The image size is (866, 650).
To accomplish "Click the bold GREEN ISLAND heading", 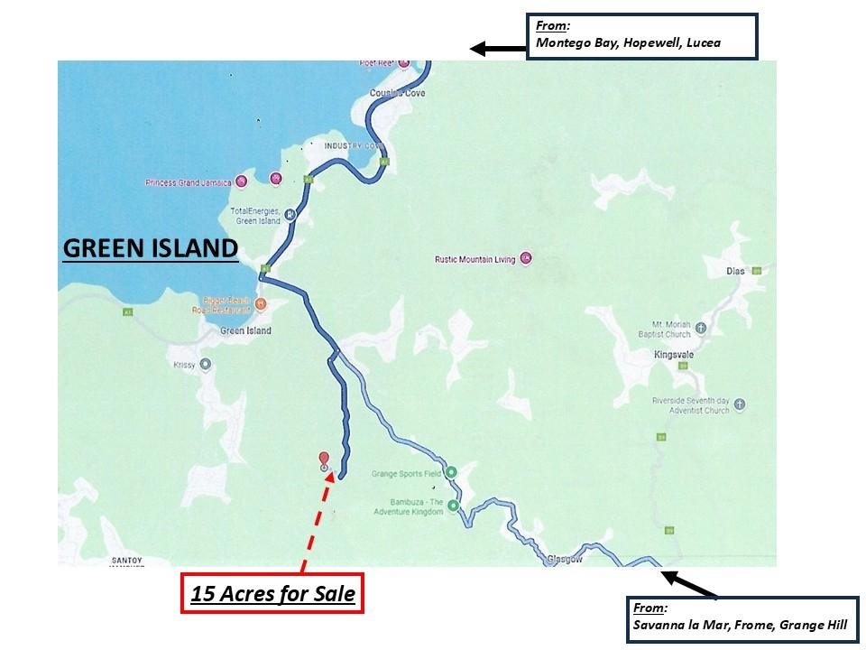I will click(150, 248).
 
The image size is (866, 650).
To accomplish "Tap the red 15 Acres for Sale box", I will click(272, 594).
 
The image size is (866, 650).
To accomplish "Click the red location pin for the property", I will click(324, 460).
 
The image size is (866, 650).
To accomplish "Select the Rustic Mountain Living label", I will click(474, 260).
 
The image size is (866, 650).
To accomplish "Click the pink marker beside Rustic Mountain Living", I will click(527, 259).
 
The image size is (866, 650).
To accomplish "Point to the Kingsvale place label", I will click(674, 355).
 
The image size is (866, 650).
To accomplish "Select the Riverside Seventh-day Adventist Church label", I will click(690, 405).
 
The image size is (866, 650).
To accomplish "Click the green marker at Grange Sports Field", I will click(452, 472).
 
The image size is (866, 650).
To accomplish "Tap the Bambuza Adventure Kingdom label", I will click(409, 506).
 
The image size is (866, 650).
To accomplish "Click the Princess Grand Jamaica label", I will click(188, 182).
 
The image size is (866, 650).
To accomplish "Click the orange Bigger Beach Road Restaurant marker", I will click(261, 303).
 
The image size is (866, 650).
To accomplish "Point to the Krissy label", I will click(183, 366).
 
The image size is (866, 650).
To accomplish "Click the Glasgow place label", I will click(565, 560).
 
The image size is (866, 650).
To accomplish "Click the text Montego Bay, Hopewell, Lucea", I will click(629, 42).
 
